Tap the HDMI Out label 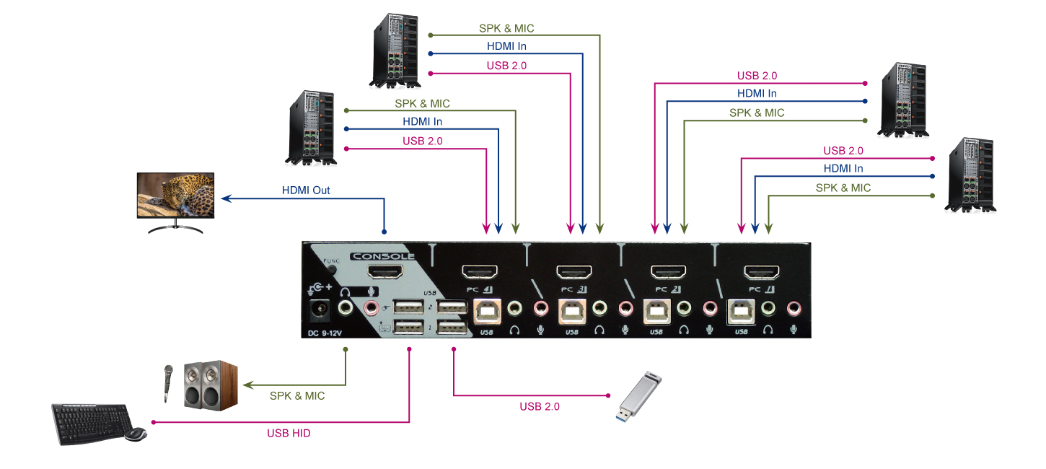pyautogui.click(x=306, y=191)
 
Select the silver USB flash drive pyautogui.click(x=639, y=398)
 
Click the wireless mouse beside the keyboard pyautogui.click(x=136, y=434)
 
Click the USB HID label pyautogui.click(x=289, y=434)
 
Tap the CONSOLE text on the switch pyautogui.click(x=382, y=256)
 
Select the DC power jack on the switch pyautogui.click(x=318, y=312)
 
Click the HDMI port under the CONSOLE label pyautogui.click(x=386, y=273)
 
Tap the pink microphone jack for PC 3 pyautogui.click(x=625, y=310)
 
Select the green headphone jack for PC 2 pyautogui.click(x=684, y=310)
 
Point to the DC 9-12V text pyautogui.click(x=326, y=333)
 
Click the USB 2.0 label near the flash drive pyautogui.click(x=540, y=407)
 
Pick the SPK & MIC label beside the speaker pyautogui.click(x=297, y=396)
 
